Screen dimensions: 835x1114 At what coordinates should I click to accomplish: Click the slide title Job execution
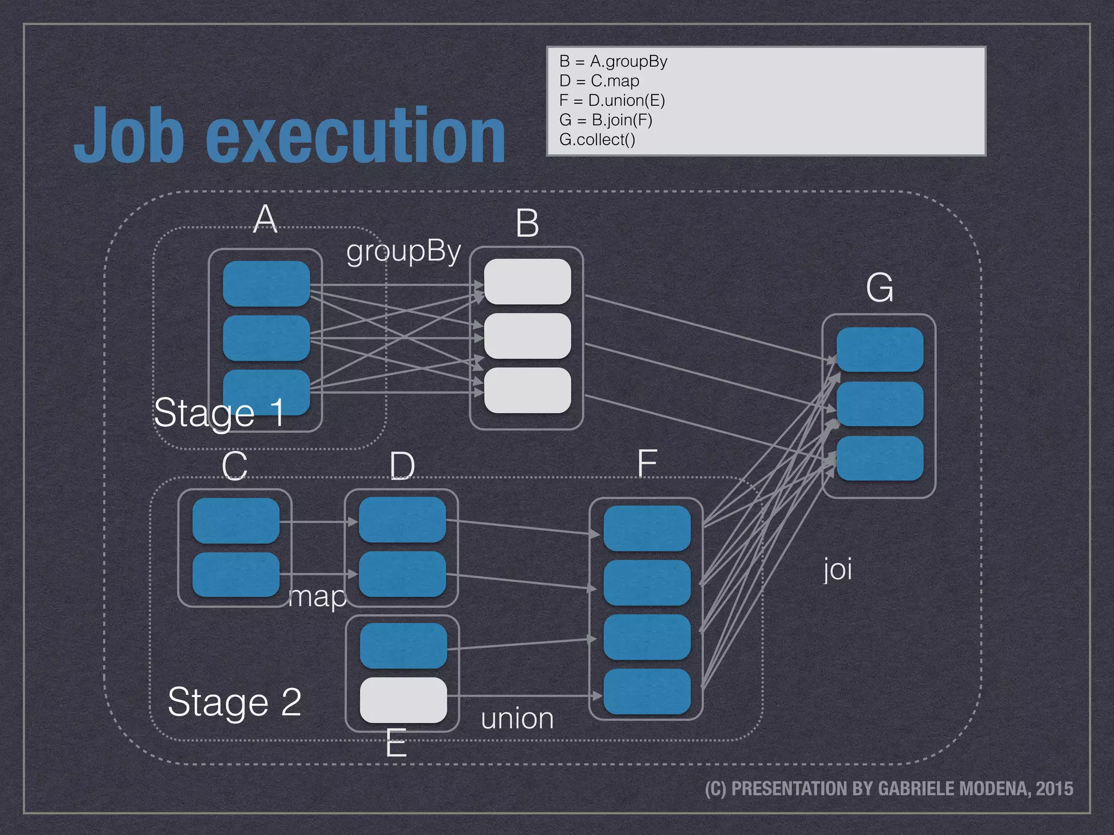point(290,136)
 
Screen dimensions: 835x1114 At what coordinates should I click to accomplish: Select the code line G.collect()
point(597,140)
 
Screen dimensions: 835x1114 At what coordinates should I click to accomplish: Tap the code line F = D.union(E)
point(612,101)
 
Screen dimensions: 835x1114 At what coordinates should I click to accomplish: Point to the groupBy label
point(404,251)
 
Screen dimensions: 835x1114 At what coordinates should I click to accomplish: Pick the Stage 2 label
point(234,702)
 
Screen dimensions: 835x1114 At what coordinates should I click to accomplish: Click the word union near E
point(517,719)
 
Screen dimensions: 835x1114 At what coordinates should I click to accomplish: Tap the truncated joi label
point(837,569)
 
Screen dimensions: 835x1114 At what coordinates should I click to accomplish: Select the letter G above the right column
point(880,288)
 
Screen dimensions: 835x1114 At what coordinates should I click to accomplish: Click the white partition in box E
point(404,700)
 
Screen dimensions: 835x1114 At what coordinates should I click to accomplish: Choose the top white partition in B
point(527,282)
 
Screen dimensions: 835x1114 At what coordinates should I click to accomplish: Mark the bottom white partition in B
point(527,390)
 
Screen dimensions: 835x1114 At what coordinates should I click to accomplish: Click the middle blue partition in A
point(266,338)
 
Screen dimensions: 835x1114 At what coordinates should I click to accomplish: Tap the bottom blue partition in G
point(880,458)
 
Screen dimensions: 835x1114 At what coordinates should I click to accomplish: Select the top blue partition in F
point(647,528)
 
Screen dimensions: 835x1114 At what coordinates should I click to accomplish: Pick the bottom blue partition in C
point(236,575)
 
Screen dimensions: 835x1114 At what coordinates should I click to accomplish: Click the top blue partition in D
point(402,520)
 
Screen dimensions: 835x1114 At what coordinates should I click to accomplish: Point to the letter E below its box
point(396,743)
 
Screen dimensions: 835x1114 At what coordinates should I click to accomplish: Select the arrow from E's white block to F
point(522,695)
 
